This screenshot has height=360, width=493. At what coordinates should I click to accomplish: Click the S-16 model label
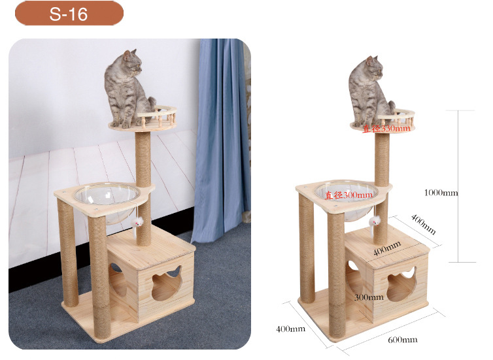point(69,14)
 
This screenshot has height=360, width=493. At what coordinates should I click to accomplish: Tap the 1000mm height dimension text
point(441,193)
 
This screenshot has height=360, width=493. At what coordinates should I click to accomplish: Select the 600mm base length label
point(403,340)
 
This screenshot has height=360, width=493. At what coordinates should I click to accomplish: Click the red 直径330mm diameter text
point(386,129)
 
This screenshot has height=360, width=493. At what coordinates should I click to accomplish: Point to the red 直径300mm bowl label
point(348,195)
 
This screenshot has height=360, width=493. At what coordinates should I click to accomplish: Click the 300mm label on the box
point(369,297)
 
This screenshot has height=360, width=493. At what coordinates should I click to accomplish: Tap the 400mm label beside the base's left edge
point(290,329)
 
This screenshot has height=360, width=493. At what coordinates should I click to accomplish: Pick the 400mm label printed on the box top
point(387,248)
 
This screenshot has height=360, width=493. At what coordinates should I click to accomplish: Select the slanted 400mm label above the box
point(424,225)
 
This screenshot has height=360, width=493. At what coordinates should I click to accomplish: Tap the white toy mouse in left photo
point(137,222)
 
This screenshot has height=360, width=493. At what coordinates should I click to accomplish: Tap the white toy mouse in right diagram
point(375,221)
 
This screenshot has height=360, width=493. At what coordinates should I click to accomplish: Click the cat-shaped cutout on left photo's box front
point(167,283)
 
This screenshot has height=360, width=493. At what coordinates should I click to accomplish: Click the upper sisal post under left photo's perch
point(143,159)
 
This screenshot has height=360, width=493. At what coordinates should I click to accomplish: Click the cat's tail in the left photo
point(152,104)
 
